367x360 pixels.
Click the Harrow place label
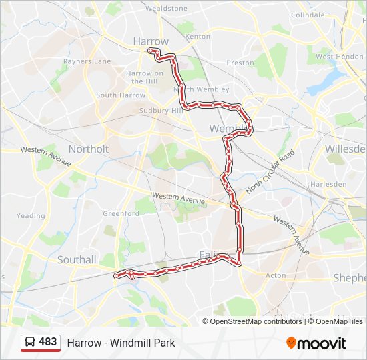pyautogui.click(x=151, y=41)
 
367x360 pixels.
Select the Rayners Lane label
pyautogui.click(x=87, y=61)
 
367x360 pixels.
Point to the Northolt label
pyautogui.click(x=89, y=149)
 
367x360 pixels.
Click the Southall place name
pyautogui.click(x=77, y=259)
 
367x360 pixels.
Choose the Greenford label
pyautogui.click(x=121, y=213)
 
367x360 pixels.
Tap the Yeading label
pyautogui.click(x=31, y=215)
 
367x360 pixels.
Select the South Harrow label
pyautogui.click(x=121, y=95)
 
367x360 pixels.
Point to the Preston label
pyautogui.click(x=240, y=63)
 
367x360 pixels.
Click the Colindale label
pyautogui.click(x=308, y=15)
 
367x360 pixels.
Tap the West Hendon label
pyautogui.click(x=340, y=57)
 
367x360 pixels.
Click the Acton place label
pyautogui.click(x=276, y=275)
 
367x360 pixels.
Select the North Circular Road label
pyautogui.click(x=270, y=172)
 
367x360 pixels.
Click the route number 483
pyautogui.click(x=48, y=342)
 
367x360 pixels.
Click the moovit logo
pyautogui.click(x=316, y=343)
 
